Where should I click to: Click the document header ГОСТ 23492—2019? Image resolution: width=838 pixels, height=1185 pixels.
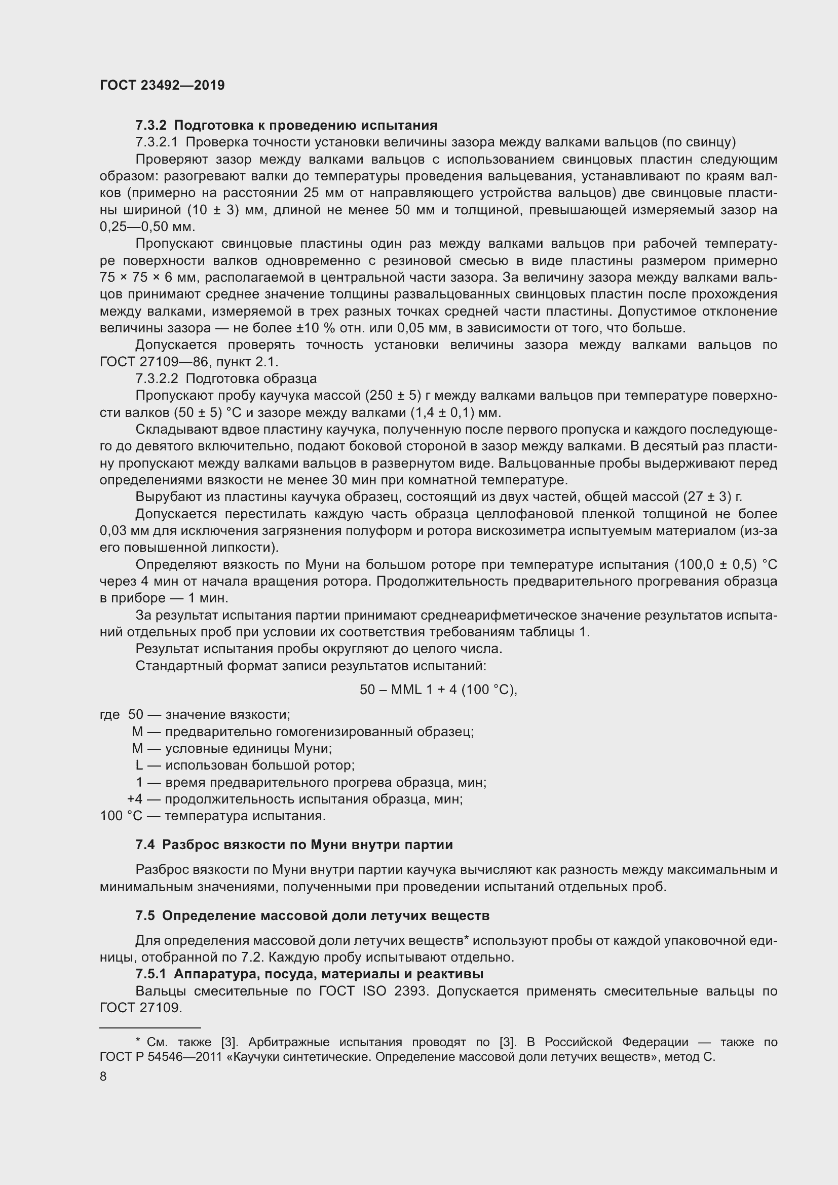[x=162, y=85]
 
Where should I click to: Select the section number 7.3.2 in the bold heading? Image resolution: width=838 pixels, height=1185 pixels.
[x=151, y=126]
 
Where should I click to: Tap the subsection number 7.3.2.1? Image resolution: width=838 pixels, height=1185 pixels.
[x=157, y=142]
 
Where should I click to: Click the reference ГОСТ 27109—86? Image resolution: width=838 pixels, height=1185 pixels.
[x=149, y=362]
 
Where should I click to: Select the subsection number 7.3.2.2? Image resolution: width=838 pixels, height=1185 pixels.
[x=157, y=379]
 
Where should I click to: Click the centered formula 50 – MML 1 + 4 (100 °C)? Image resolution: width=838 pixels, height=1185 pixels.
[x=438, y=690]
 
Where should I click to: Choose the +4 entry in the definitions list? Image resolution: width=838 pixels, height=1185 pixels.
[x=135, y=799]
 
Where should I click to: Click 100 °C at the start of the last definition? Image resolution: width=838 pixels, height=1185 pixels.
[x=121, y=816]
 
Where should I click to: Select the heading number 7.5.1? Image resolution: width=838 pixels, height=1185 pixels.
[x=151, y=974]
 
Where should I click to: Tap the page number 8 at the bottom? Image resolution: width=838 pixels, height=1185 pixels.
[x=103, y=1076]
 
